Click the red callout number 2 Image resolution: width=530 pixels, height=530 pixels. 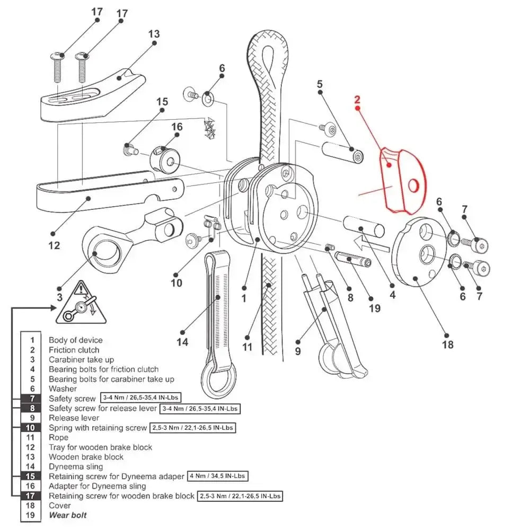point(357,100)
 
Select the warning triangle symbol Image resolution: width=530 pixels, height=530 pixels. point(81,304)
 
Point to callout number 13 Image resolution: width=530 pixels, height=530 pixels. point(154,34)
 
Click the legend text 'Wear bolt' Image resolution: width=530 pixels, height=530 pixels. point(67,515)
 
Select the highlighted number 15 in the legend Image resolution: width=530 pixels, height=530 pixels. point(31,476)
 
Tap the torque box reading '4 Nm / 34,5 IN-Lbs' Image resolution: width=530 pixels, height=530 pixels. point(217,476)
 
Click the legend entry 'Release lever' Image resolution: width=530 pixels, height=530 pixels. point(74,418)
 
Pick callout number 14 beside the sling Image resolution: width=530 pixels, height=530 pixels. point(182,342)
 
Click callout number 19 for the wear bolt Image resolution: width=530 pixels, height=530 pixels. point(375,308)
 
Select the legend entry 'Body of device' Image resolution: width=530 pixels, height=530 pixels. point(75,340)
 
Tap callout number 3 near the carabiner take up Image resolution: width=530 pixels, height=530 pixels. point(59,297)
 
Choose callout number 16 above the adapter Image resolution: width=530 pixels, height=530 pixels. point(176,127)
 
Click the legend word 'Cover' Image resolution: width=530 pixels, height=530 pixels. point(60,505)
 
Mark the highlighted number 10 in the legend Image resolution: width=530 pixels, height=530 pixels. point(31,427)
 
